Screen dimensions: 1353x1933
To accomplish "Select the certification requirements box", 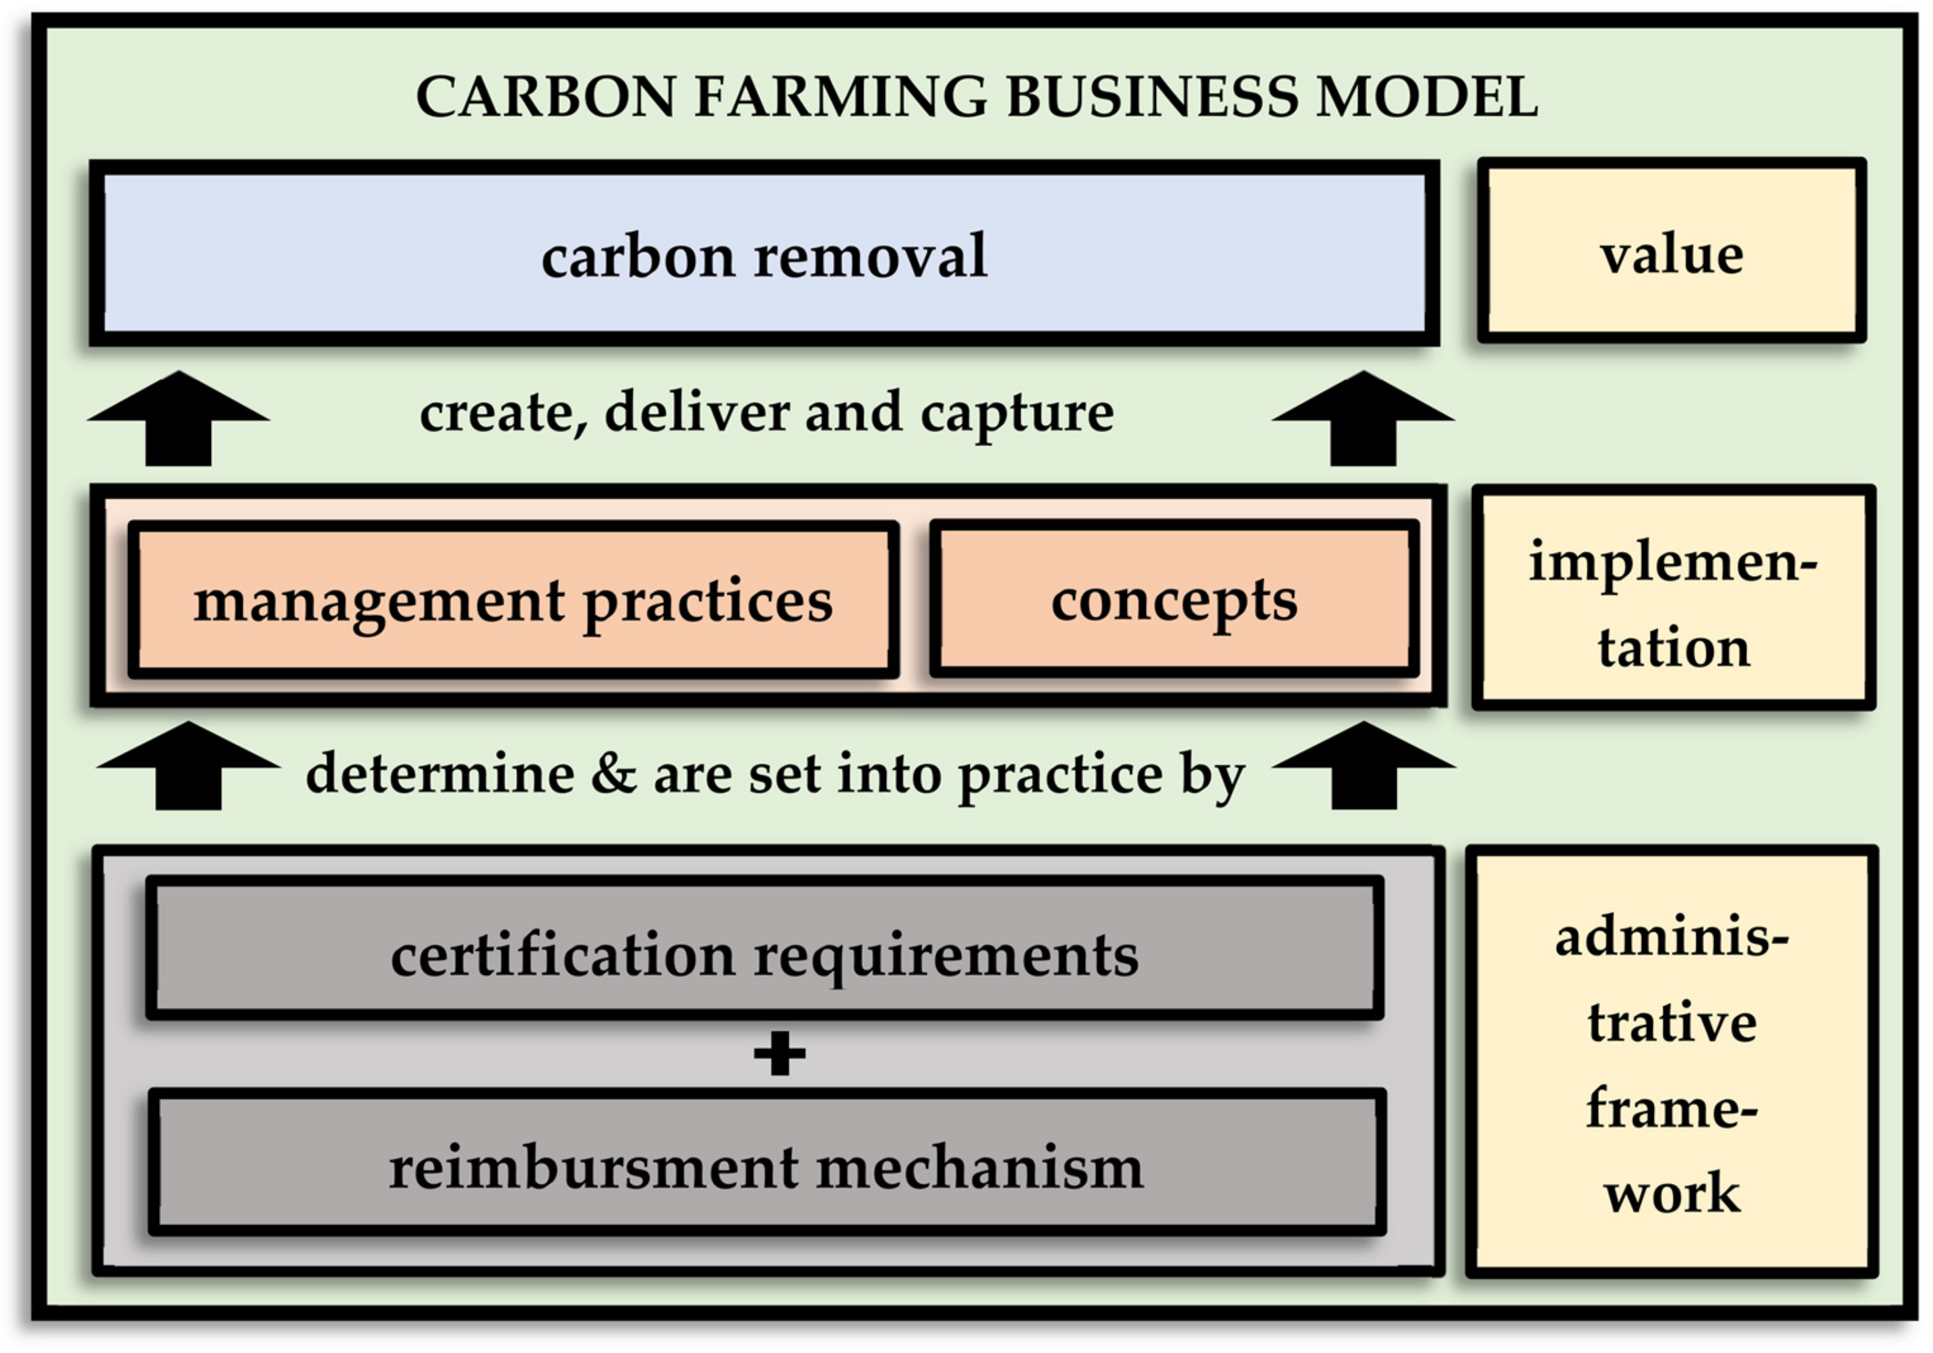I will (x=764, y=955).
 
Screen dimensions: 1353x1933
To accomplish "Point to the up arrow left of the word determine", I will (x=189, y=765).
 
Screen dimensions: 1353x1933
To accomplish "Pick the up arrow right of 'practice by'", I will (x=1364, y=765).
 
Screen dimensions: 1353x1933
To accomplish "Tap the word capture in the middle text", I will (x=1017, y=414).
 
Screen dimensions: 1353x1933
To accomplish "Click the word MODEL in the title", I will (x=1427, y=97).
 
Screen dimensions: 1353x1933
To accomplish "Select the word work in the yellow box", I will (x=1671, y=1193).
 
